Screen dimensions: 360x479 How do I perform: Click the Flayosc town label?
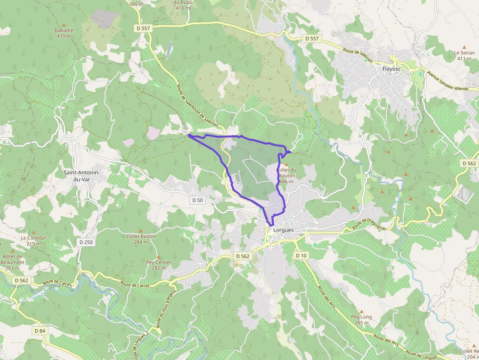(392, 69)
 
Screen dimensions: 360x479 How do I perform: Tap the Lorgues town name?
(283, 230)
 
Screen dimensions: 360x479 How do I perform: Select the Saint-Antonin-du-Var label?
(82, 176)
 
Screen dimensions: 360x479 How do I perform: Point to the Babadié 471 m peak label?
(65, 33)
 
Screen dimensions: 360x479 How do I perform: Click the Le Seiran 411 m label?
(464, 55)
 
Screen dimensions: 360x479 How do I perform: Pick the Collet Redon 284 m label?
(141, 239)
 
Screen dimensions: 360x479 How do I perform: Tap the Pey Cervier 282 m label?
(159, 265)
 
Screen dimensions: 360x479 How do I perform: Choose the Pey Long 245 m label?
(362, 319)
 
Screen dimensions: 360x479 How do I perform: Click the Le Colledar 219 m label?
(34, 240)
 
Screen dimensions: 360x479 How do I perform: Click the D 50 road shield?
(197, 200)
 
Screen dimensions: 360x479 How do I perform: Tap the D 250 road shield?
(86, 242)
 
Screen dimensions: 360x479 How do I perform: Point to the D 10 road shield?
(301, 255)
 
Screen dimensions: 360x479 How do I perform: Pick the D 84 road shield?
(40, 331)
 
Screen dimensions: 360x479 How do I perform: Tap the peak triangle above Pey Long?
(362, 311)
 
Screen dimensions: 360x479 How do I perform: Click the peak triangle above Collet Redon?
(141, 231)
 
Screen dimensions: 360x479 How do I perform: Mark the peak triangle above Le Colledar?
(34, 233)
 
